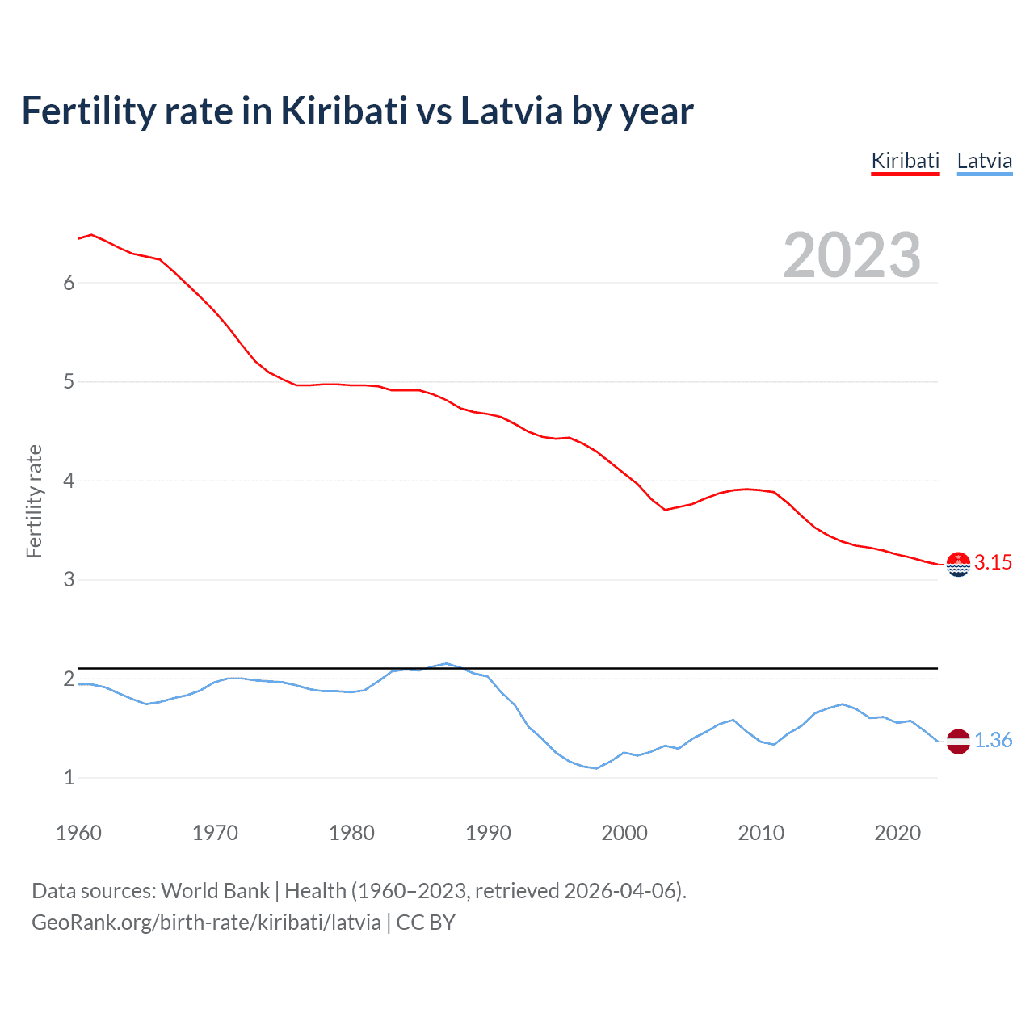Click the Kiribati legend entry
pos(905,161)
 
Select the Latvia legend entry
pos(984,161)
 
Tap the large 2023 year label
pos(851,255)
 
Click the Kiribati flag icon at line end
pos(958,564)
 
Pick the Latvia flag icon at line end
pos(958,741)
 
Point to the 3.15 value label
pos(993,563)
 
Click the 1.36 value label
pos(993,741)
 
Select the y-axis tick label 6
pos(69,283)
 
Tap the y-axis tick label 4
pos(69,481)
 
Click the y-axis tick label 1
pos(69,778)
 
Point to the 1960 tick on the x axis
pos(78,833)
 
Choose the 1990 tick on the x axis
pos(488,833)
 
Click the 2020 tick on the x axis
pos(897,833)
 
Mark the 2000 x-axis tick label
pos(624,833)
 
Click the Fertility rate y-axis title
pos(34,501)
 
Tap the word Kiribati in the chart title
pos(344,111)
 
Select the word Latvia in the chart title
pos(511,111)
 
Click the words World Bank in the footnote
pos(215,891)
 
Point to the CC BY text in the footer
pos(426,923)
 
